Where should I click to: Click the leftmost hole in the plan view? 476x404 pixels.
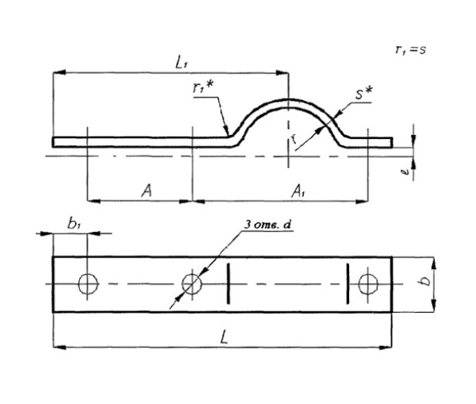(x=86, y=283)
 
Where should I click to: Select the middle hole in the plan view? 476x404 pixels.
(x=190, y=283)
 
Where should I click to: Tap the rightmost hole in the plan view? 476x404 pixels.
(x=367, y=283)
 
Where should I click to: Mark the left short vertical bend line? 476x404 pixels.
(x=228, y=283)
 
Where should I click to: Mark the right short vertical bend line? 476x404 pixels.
(x=350, y=283)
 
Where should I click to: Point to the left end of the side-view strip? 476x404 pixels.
(x=55, y=142)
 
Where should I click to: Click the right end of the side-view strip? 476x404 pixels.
(x=391, y=142)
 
